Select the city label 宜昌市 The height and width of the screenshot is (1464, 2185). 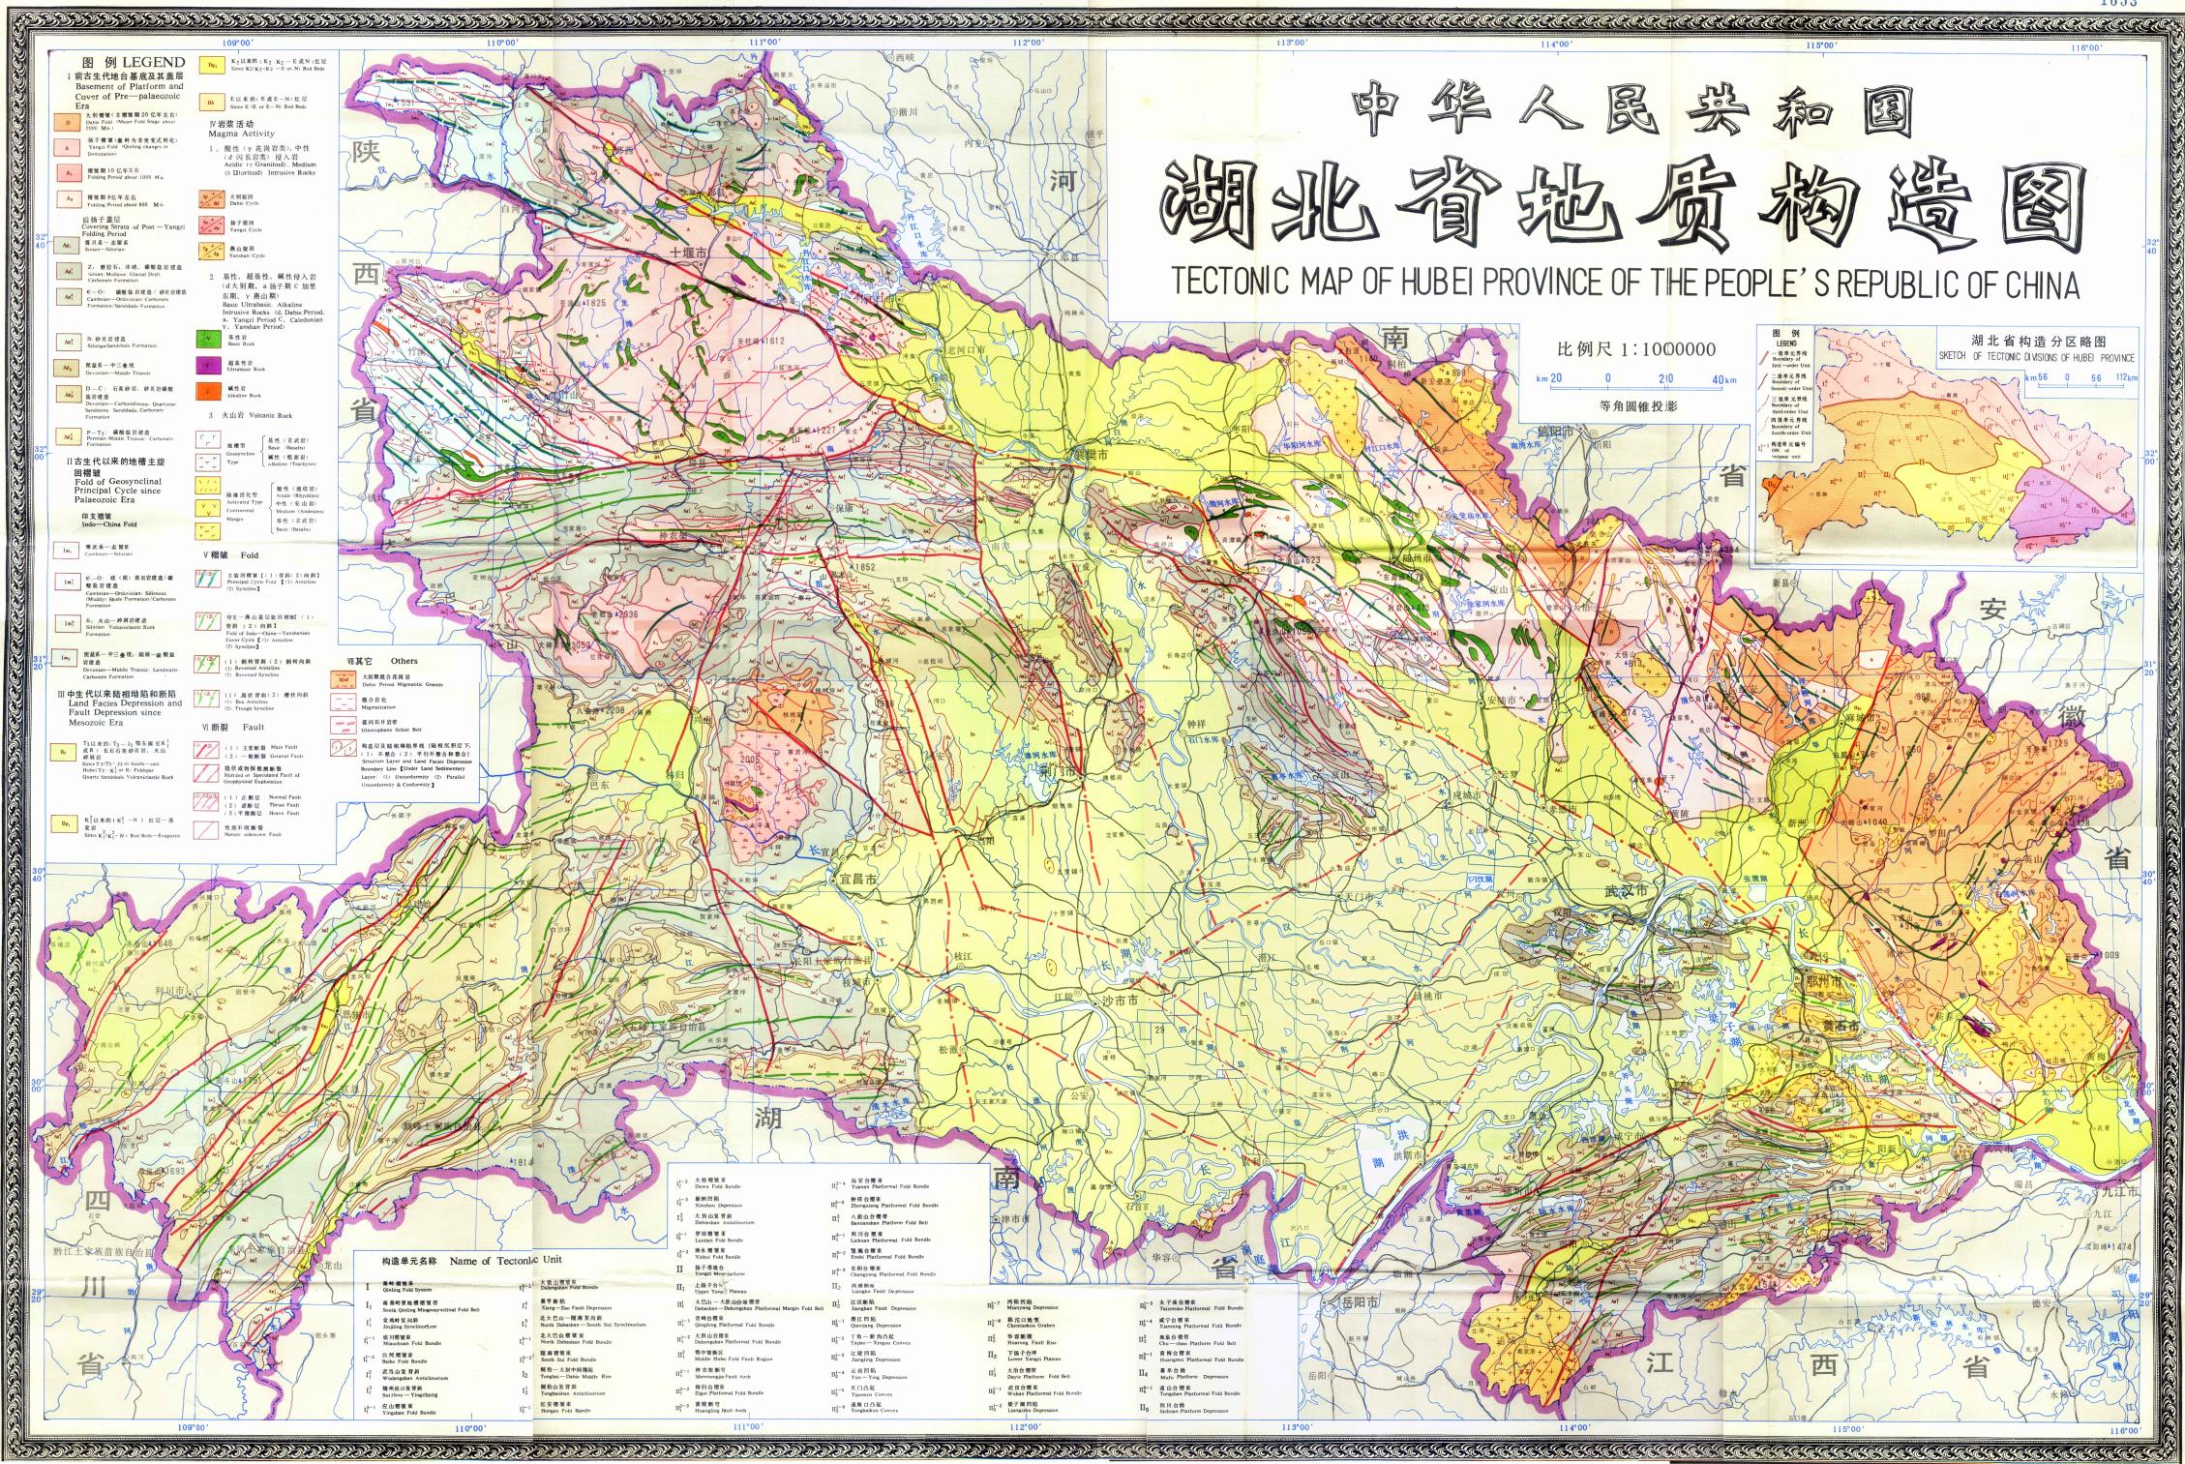tap(855, 880)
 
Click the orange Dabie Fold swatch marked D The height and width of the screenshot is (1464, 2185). tap(68, 123)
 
